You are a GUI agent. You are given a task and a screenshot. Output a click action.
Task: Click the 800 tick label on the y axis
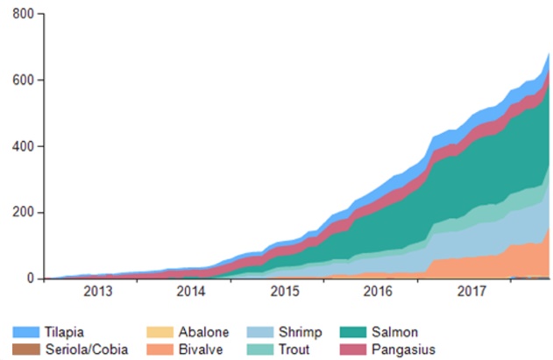pos(24,15)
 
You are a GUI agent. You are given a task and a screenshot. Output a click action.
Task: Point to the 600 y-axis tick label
pos(24,81)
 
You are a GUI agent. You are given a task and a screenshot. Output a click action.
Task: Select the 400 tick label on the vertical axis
pos(24,146)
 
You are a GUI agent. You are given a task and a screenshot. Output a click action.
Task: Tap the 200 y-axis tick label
pos(24,213)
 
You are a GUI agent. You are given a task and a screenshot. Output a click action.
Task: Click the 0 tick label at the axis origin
pos(32,279)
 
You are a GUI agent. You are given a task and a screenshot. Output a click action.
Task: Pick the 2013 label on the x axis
pos(97,291)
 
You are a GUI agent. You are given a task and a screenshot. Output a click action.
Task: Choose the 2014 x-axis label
pos(190,291)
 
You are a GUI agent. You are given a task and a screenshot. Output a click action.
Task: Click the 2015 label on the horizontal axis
pos(284,291)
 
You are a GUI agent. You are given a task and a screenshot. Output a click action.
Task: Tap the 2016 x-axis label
pos(377,291)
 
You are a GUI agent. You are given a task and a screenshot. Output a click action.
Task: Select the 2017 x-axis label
pos(471,291)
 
